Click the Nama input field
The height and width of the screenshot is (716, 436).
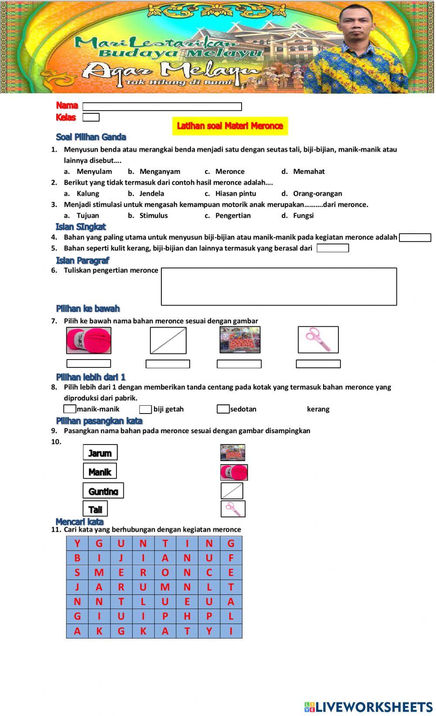tap(162, 107)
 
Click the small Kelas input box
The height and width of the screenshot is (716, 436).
tap(91, 117)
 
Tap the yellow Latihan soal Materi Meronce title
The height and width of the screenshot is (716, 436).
tap(230, 126)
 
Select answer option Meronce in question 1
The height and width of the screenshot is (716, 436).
tap(230, 172)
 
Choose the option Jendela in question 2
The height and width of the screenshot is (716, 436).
tap(152, 193)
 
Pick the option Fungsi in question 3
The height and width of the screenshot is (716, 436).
tap(303, 216)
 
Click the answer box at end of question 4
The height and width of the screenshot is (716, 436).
tap(415, 238)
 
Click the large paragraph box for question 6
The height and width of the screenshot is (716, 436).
tap(279, 286)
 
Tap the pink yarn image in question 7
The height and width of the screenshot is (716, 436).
tap(89, 340)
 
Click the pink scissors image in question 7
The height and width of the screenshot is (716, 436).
tap(318, 339)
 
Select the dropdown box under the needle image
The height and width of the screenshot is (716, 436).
tap(168, 364)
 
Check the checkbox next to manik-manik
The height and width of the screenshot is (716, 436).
tap(70, 409)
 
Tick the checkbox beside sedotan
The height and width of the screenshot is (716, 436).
tap(223, 409)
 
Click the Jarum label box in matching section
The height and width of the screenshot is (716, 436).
tap(100, 453)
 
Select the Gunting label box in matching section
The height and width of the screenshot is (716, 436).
tap(103, 491)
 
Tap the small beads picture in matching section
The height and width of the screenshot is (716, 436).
tap(232, 453)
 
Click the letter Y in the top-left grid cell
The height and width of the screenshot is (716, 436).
tap(77, 543)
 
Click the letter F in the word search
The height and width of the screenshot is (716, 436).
tap(231, 558)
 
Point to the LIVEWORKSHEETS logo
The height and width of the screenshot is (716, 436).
tap(368, 706)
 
